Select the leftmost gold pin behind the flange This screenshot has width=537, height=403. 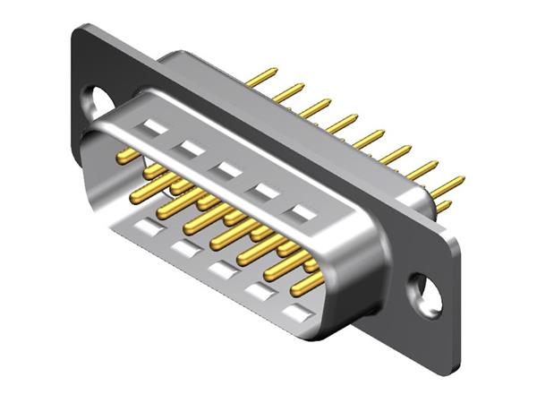pos(262,77)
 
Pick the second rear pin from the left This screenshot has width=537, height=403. pos(288,92)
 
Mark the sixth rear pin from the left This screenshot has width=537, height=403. pos(394,154)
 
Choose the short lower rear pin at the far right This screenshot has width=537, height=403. pos(443,207)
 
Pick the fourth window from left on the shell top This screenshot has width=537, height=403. pos(265,191)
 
